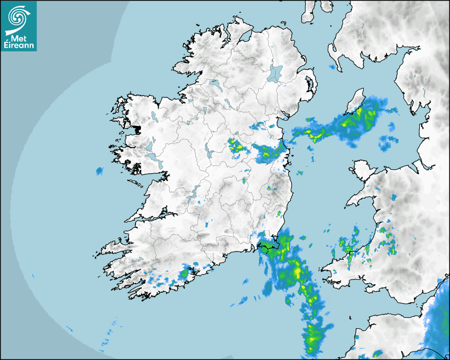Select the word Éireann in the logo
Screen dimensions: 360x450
coord(19,46)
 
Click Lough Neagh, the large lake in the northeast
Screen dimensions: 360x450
coord(275,73)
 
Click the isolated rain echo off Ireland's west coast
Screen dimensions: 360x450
coord(99,170)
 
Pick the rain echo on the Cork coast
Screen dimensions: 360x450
coord(184,274)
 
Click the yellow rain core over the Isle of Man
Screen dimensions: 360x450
coord(361,112)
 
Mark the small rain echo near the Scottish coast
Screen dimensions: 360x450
coord(333,67)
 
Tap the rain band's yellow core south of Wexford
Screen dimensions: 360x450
coord(296,273)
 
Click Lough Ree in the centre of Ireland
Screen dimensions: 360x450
coord(210,154)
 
